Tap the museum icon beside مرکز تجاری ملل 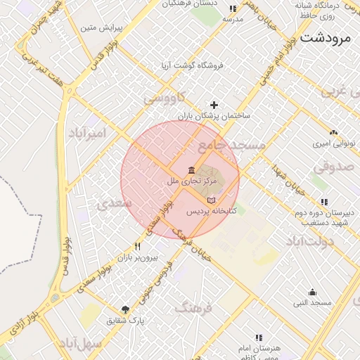192,170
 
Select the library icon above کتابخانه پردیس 211,200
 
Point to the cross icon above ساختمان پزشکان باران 214,105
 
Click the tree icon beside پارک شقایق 125,309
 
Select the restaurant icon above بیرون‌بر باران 137,247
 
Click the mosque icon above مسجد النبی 312,292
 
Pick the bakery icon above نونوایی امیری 333,132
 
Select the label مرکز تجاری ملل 192,181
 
